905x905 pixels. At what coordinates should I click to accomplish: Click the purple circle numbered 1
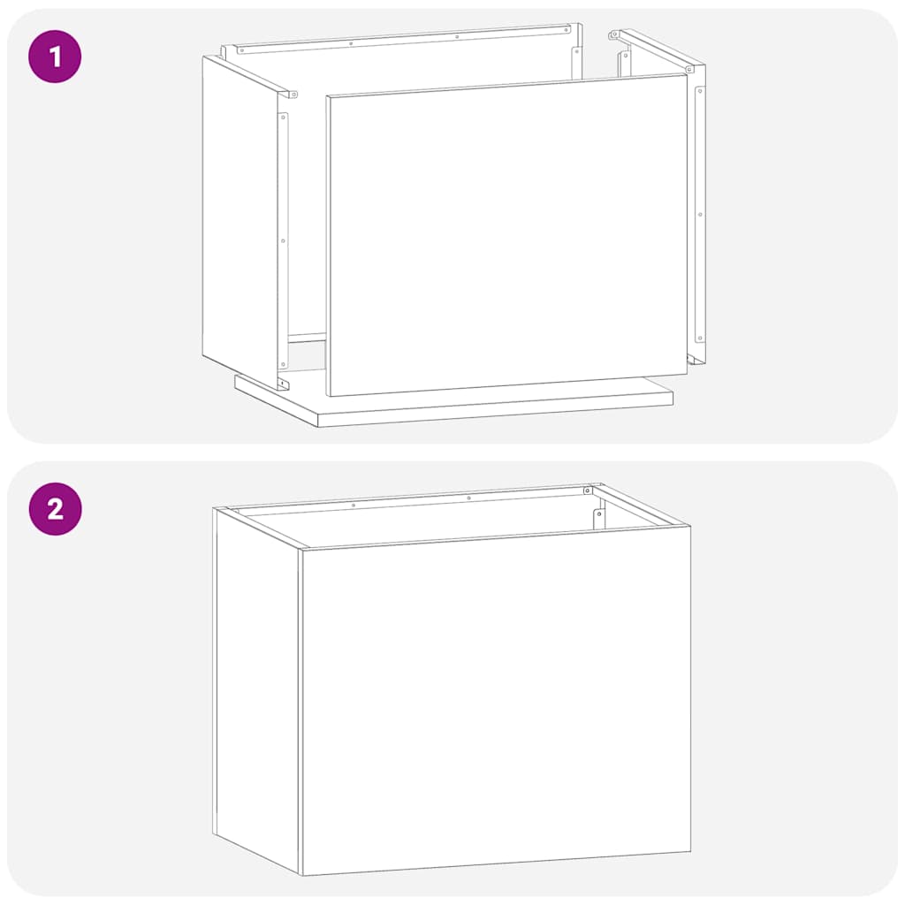[x=55, y=57]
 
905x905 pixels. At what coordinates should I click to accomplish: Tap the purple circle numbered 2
[x=55, y=509]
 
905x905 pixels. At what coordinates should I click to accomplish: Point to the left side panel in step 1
[x=239, y=221]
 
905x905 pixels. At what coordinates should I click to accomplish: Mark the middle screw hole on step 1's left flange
[x=283, y=240]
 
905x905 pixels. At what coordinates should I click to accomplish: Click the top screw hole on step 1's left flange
[x=283, y=118]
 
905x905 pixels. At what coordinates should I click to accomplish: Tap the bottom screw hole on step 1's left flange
[x=283, y=362]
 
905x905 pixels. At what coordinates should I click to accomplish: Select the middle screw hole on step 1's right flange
[x=700, y=214]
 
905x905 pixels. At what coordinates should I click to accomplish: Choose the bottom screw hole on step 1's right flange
[x=700, y=337]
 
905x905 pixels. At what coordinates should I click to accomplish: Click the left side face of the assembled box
[x=257, y=689]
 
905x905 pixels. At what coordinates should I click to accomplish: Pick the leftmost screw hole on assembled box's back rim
[x=353, y=506]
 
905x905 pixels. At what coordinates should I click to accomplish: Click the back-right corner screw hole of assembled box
[x=587, y=491]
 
